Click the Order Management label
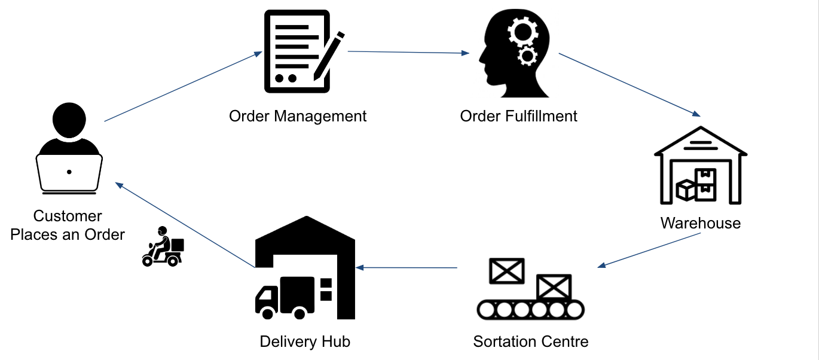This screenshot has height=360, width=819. coord(298,115)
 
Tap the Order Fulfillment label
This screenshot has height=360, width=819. coord(518,115)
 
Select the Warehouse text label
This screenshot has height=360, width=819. coord(700,223)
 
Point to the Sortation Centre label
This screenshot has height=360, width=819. coord(530,341)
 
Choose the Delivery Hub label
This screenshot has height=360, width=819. coord(305,341)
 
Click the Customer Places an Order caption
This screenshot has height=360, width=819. coord(68,225)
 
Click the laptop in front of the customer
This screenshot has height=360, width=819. coord(69,173)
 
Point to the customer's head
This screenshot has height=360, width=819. coord(69,120)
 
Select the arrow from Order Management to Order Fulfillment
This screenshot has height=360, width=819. coord(408,53)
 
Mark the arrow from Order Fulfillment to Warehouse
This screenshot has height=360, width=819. coord(629,84)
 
